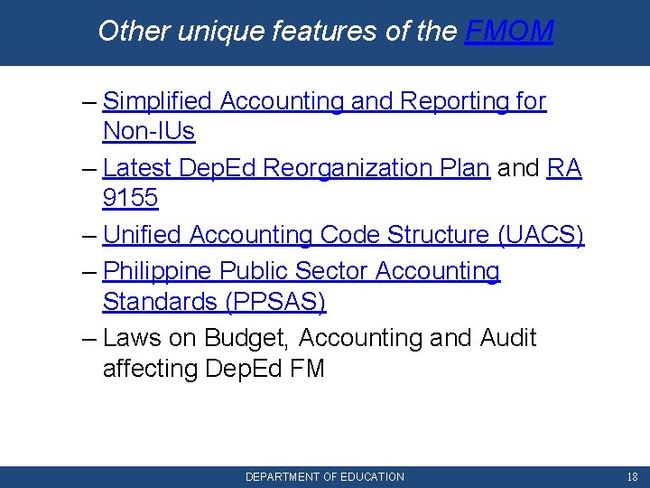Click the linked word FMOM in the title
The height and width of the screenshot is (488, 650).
click(509, 32)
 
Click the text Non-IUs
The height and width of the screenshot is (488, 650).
click(149, 131)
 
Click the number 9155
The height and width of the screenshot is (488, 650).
click(131, 198)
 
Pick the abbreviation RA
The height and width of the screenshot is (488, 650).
click(564, 168)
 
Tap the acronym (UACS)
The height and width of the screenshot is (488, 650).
click(541, 235)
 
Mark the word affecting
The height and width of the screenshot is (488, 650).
click(150, 369)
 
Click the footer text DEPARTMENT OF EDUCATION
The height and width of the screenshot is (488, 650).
click(325, 476)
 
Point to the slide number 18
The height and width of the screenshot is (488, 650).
click(632, 476)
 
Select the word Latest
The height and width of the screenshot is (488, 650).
click(138, 168)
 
